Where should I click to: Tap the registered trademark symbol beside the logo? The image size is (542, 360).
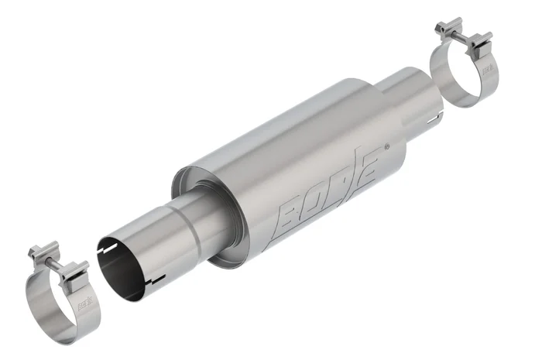[x=386, y=145]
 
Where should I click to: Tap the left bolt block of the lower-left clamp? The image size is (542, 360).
[x=39, y=253]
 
